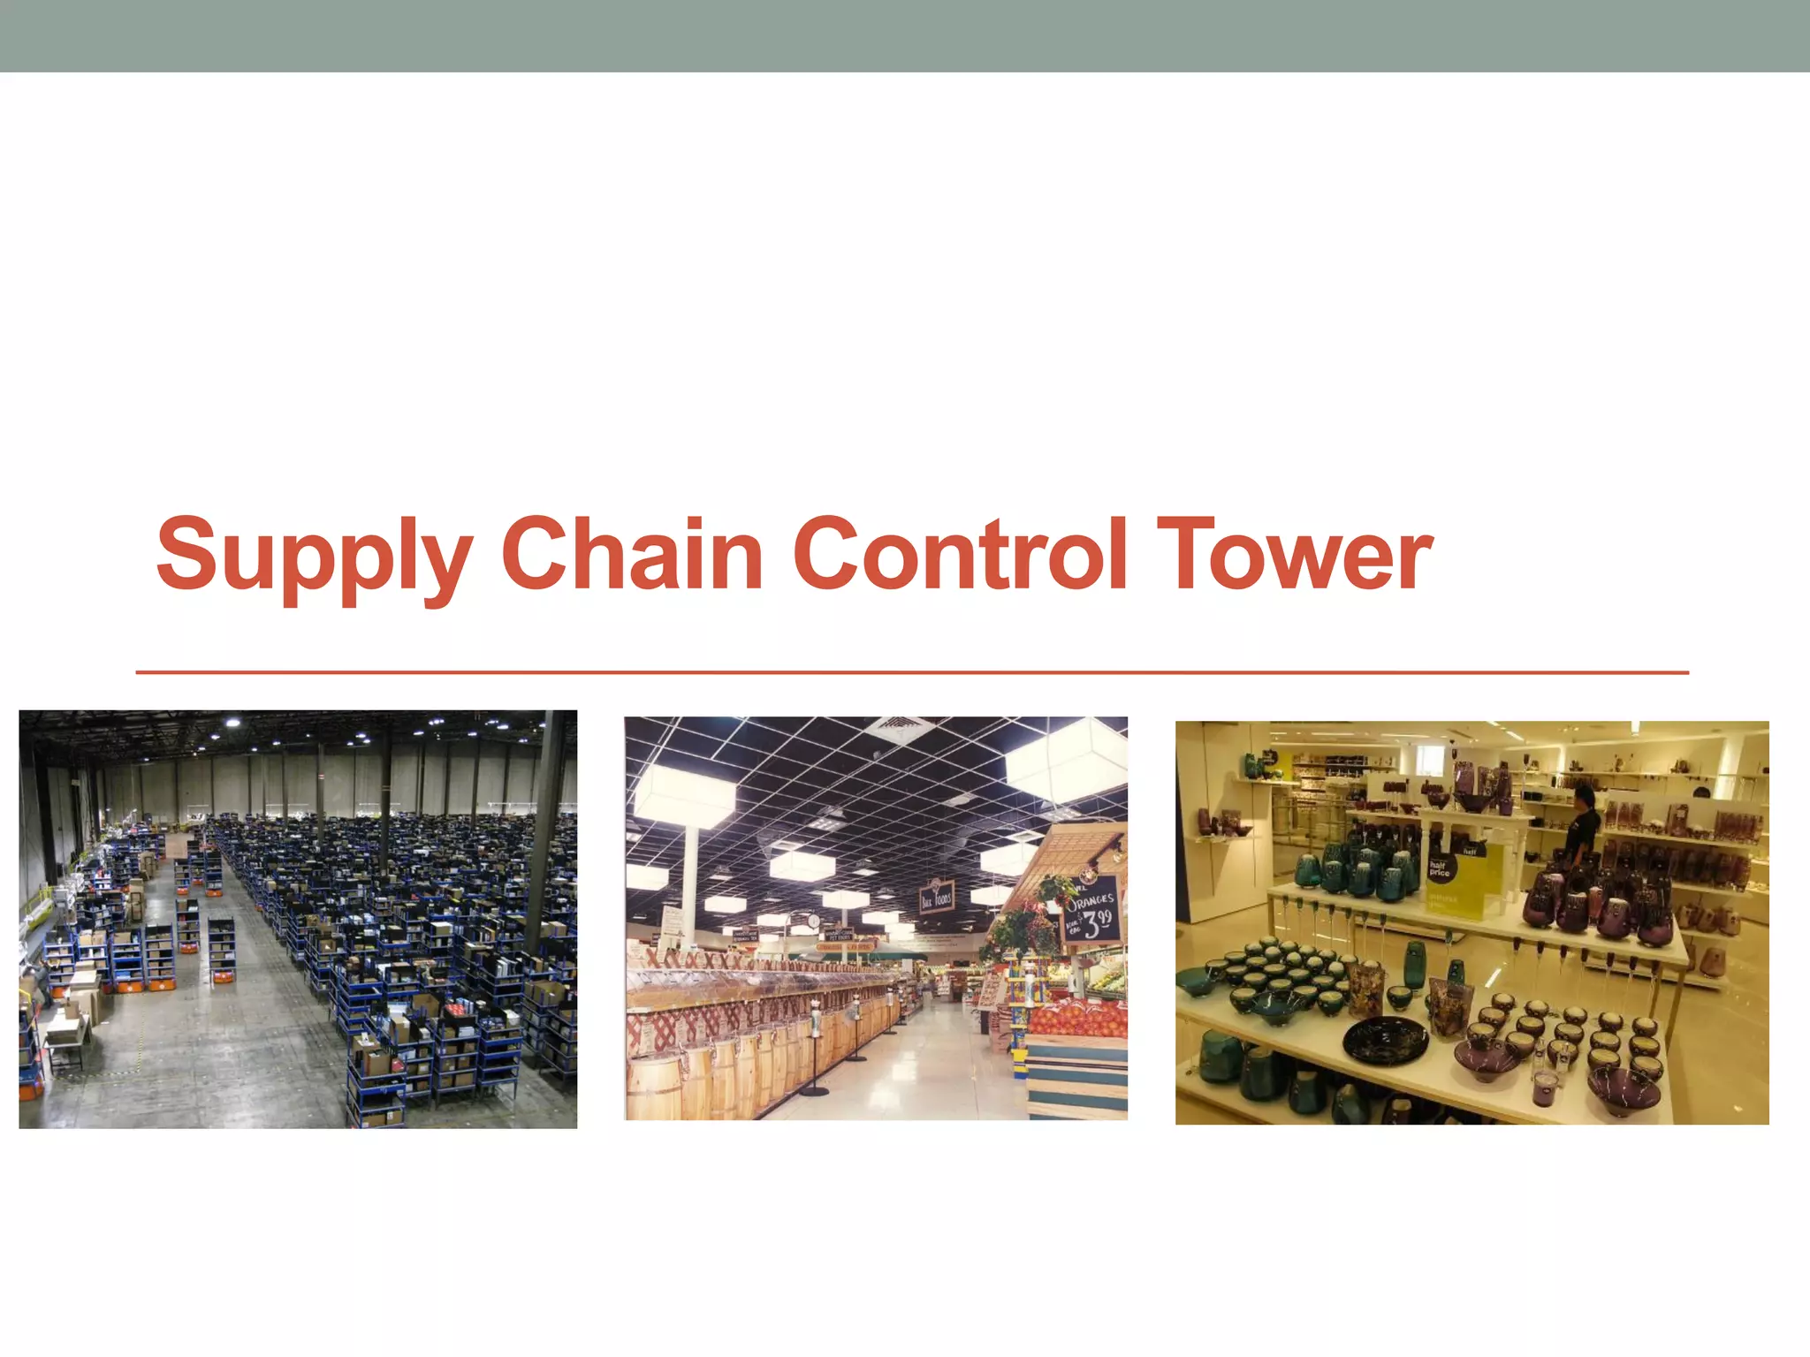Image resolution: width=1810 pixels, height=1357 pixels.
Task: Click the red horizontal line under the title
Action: (x=910, y=672)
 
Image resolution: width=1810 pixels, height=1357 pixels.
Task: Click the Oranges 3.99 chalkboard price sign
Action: (x=1092, y=911)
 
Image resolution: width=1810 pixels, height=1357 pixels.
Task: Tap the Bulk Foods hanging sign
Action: (x=937, y=897)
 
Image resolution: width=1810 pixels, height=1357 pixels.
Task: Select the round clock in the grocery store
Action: (x=813, y=921)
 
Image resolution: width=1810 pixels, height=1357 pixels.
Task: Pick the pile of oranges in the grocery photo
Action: (x=1078, y=1016)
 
